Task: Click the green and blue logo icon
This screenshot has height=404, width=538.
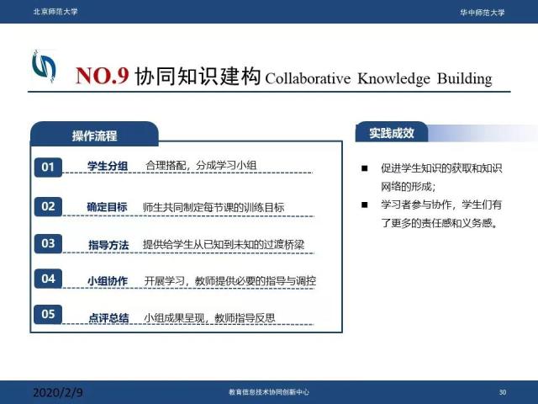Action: pos(44,66)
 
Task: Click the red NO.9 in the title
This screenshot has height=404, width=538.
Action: pos(103,76)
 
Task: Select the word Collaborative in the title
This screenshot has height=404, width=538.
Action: pos(308,78)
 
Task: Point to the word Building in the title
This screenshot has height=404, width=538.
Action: pos(465,78)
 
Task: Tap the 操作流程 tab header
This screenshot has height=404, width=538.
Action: pos(94,135)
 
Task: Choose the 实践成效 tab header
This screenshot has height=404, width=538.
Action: pos(392,133)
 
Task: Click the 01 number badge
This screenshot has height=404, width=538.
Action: pos(48,167)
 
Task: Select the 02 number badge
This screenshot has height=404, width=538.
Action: pos(48,206)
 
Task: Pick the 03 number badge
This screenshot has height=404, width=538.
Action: pos(48,243)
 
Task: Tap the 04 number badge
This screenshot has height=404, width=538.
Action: pos(48,279)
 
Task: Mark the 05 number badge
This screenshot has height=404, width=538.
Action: pos(48,314)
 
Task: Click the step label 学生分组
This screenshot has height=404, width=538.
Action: pos(108,167)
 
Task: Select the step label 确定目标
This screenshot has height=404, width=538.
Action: pos(107,207)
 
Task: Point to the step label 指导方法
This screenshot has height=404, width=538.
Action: pos(108,245)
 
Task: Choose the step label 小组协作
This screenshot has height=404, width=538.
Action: pos(108,281)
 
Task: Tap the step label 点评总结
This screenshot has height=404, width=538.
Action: pos(108,318)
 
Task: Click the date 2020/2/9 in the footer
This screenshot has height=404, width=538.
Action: pos(58,392)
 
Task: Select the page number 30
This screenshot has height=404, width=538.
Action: pos(503,392)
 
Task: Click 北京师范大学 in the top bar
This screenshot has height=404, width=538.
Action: pos(55,12)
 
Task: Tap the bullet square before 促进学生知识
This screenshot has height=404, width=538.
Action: pos(364,168)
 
